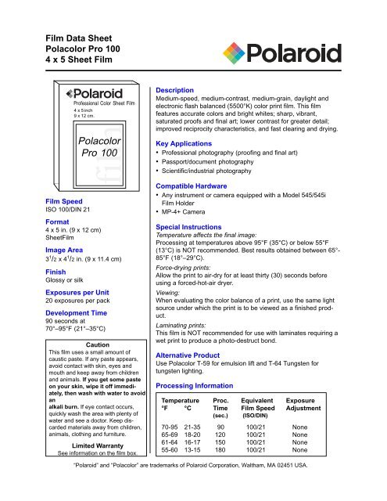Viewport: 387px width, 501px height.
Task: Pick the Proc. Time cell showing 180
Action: [223, 473]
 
